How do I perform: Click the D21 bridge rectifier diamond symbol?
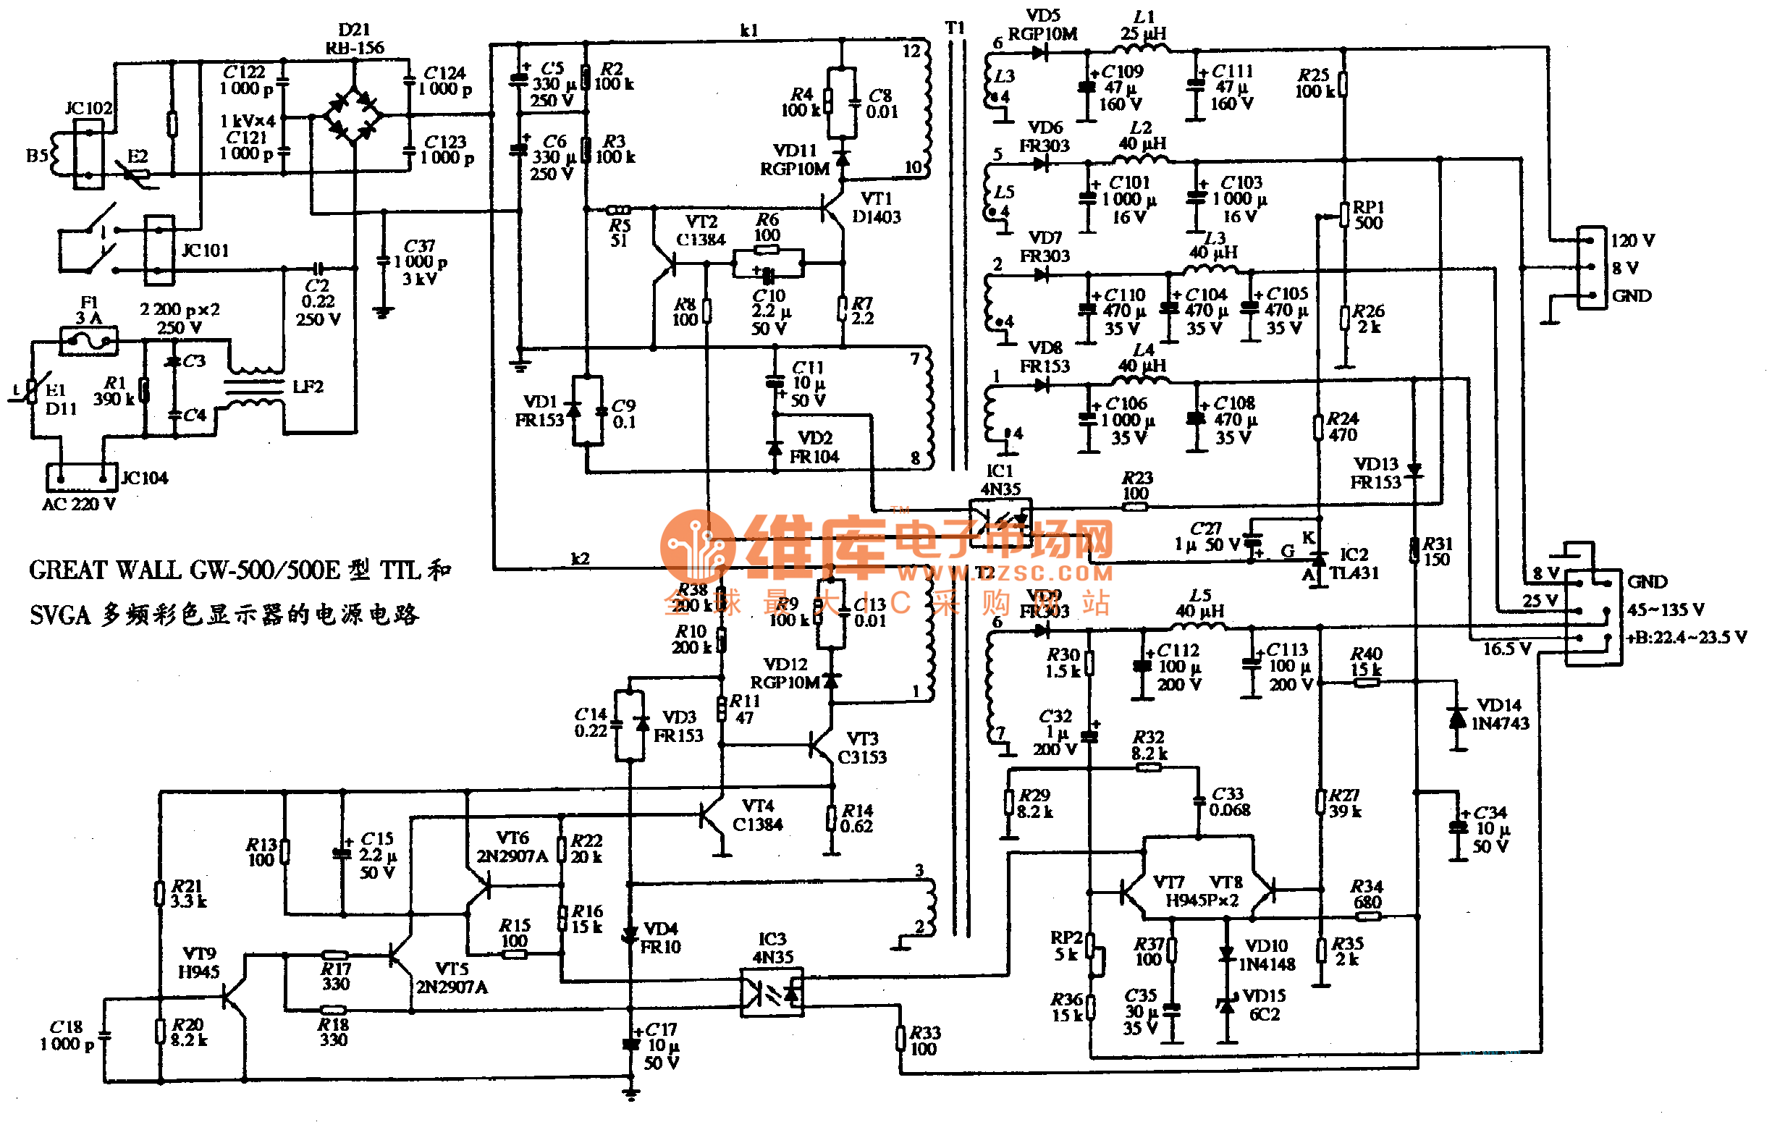tap(354, 115)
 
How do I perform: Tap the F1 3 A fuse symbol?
tap(88, 341)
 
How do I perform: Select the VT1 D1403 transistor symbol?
tap(835, 210)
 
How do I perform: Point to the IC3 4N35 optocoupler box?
tap(771, 993)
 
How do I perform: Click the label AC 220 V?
tap(79, 505)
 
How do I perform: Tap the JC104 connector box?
tap(82, 478)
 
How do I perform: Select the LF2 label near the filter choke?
tap(308, 387)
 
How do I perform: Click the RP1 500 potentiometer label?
tap(1368, 215)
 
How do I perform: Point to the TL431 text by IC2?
tap(1354, 573)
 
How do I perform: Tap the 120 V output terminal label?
tap(1632, 241)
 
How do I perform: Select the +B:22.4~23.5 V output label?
tap(1685, 638)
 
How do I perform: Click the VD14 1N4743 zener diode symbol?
tap(1457, 718)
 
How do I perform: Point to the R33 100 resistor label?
tap(924, 1041)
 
